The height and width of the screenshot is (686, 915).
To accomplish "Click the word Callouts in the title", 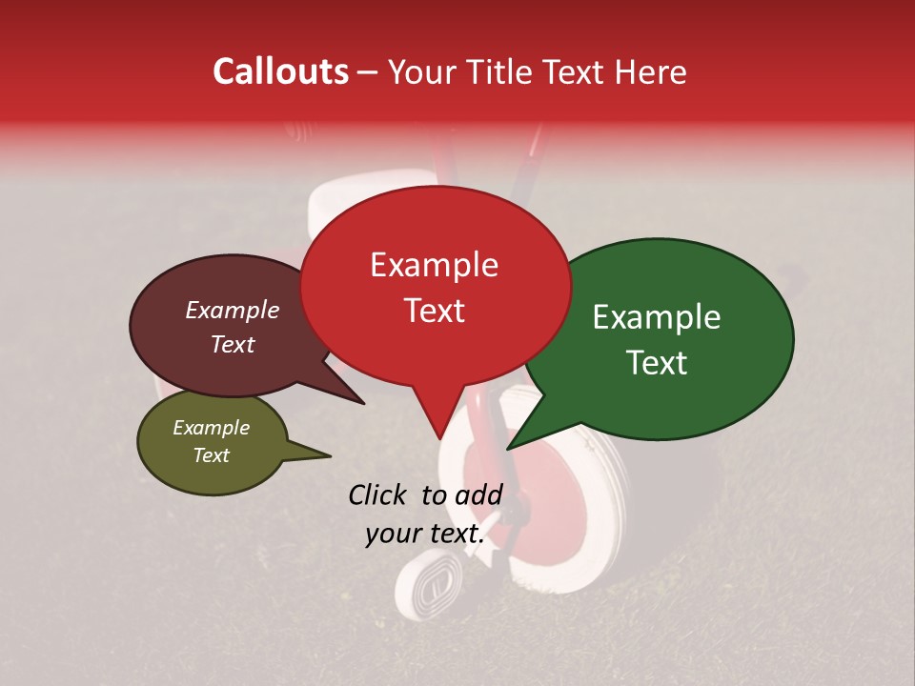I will point(280,71).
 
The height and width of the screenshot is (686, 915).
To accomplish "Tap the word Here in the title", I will point(651,72).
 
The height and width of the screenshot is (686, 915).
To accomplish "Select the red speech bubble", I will point(435,286).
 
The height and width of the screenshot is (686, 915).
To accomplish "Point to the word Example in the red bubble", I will point(435,265).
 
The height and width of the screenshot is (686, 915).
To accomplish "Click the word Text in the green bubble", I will point(658,363).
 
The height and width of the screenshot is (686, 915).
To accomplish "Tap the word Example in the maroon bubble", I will point(233,311).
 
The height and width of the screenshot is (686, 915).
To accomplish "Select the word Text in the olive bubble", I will point(212,455).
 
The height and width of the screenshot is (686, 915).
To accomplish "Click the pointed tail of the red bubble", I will point(439,435).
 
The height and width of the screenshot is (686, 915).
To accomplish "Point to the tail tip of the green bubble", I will point(509,447).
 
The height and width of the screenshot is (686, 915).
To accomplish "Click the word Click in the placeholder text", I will point(380,494).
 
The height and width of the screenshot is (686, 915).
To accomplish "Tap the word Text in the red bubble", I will point(435,311).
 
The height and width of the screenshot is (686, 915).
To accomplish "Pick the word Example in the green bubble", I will point(657,317).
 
